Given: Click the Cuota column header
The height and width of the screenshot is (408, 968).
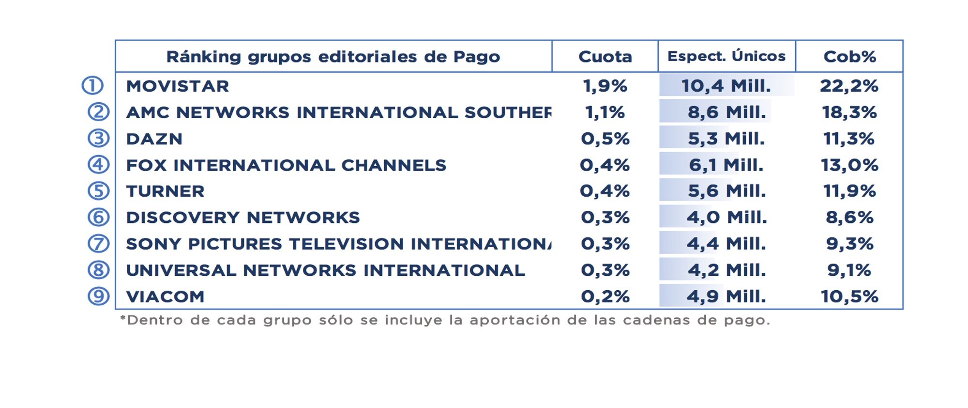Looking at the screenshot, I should (605, 57).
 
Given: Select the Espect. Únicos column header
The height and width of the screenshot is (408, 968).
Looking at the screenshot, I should (726, 56).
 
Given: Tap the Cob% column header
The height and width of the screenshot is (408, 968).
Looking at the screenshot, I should (849, 57).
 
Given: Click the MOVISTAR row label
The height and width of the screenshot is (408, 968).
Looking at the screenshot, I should (178, 86).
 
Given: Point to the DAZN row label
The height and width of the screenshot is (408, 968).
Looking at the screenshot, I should (154, 139).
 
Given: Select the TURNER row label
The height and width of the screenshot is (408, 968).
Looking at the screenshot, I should (166, 191).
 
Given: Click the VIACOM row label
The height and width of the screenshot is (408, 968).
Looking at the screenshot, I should (166, 297).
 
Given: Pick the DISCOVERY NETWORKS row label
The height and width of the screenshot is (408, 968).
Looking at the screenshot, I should (243, 218).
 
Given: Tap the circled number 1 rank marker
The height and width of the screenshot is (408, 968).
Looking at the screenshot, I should (92, 86).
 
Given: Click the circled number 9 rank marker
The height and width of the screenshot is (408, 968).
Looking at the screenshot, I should (98, 296).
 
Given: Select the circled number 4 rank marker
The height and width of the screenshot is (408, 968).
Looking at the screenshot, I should (98, 165).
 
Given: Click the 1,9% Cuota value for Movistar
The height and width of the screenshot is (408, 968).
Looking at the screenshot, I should (605, 86).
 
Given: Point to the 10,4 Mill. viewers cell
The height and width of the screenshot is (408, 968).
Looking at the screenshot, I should (726, 86).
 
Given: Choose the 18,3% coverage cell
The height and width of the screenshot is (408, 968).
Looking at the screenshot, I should (849, 112).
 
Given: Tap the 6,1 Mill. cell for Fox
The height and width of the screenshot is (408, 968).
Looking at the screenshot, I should (726, 165).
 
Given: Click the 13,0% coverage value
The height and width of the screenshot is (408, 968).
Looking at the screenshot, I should (849, 165).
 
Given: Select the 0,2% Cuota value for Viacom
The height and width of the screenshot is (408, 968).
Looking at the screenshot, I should (605, 297).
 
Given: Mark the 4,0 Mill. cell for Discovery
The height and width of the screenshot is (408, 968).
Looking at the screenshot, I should (726, 218).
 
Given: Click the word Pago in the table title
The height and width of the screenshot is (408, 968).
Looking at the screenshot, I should (476, 57).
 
